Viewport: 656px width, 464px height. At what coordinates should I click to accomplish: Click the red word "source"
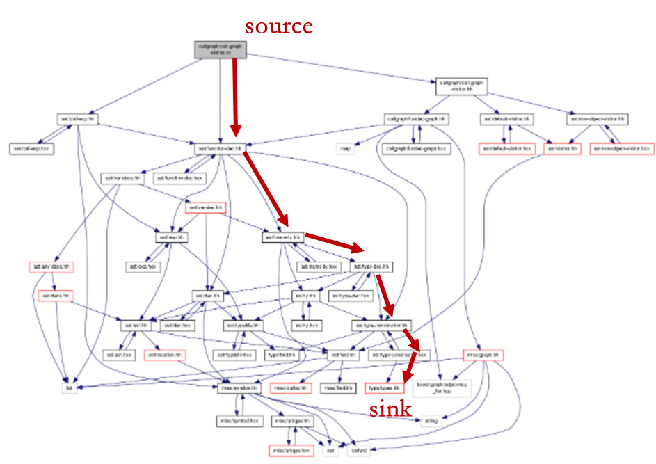pyautogui.click(x=278, y=27)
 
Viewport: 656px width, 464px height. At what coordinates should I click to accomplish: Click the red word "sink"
pyautogui.click(x=390, y=409)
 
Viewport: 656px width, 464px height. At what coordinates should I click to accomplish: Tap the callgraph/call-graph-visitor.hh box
pyautogui.click(x=461, y=86)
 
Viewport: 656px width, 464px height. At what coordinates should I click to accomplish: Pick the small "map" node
pyautogui.click(x=345, y=148)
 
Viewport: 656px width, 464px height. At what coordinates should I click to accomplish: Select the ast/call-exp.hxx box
pyautogui.click(x=32, y=148)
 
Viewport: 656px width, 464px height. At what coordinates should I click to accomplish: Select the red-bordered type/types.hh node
pyautogui.click(x=384, y=387)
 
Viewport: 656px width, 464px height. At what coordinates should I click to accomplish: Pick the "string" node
pyautogui.click(x=431, y=420)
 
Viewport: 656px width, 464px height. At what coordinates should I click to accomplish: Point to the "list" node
pyautogui.click(x=68, y=387)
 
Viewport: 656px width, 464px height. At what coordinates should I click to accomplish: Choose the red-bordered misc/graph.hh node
pyautogui.click(x=481, y=355)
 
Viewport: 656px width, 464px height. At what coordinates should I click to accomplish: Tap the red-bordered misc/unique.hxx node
pyautogui.click(x=291, y=451)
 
